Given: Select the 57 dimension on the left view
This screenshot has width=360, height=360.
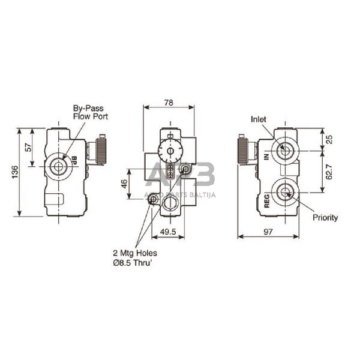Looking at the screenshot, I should [x=27, y=147].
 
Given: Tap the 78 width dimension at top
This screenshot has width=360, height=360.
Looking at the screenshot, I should [x=169, y=103].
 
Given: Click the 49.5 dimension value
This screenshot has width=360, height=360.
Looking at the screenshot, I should [x=169, y=230].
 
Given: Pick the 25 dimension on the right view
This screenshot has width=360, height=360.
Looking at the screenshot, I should [x=329, y=139].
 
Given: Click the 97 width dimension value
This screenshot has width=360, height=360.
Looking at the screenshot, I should [x=270, y=231].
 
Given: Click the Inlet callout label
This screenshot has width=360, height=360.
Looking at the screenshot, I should [x=258, y=119].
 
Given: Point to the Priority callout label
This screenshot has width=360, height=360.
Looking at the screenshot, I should [x=325, y=218].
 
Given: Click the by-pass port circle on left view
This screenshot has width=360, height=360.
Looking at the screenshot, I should [x=58, y=166].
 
